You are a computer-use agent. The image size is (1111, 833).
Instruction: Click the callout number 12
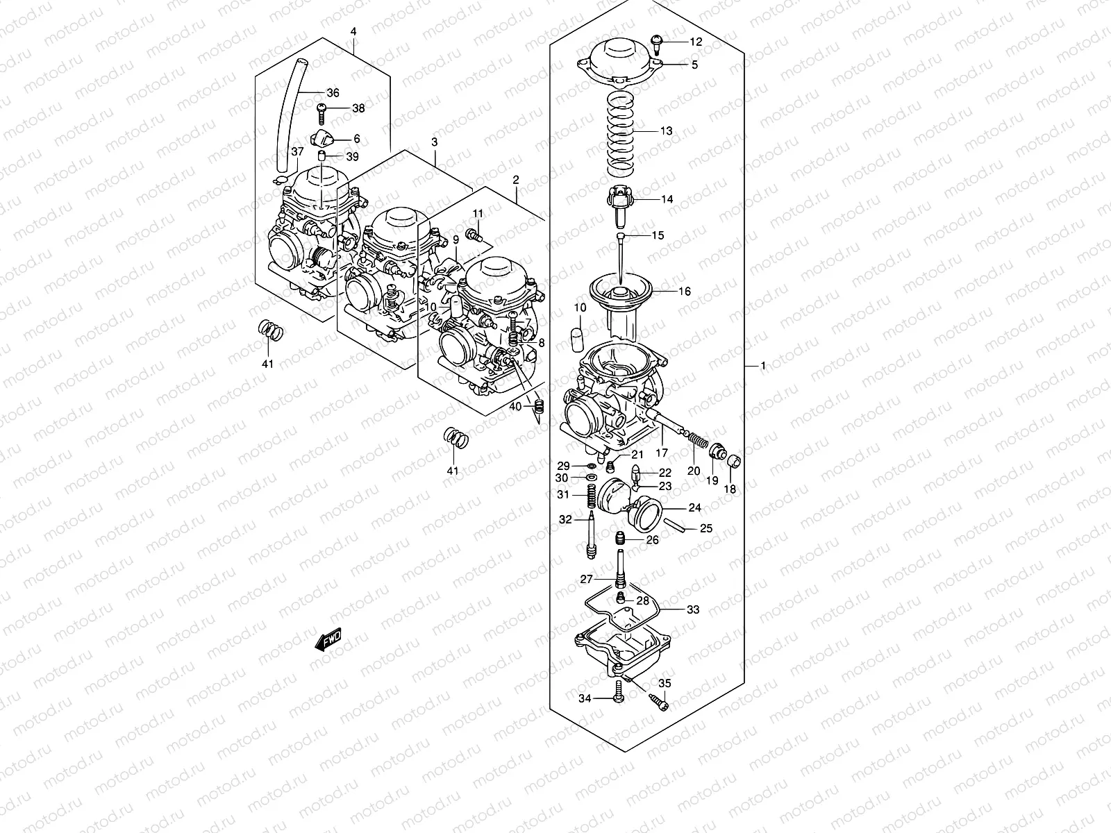click(696, 42)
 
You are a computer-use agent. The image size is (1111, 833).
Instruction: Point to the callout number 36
click(333, 92)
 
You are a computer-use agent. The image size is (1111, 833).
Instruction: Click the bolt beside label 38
click(321, 108)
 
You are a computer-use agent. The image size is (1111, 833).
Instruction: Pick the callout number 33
click(693, 609)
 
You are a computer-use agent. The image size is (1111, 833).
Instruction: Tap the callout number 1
click(762, 365)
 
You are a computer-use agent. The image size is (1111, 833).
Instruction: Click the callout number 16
click(685, 292)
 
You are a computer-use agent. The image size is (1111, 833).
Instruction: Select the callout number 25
click(705, 528)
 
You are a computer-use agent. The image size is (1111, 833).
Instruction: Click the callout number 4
click(353, 32)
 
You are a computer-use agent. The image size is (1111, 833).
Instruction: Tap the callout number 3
click(434, 142)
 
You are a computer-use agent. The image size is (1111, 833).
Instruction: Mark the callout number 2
click(516, 180)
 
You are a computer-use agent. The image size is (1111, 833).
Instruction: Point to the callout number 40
click(515, 406)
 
